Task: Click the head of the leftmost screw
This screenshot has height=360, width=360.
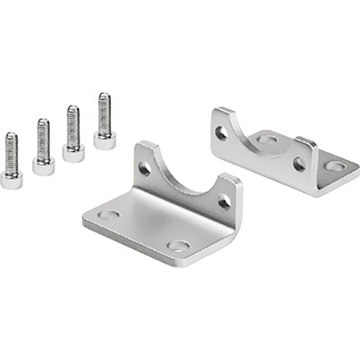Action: (11, 181)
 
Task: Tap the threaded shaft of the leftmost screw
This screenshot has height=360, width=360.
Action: (11, 152)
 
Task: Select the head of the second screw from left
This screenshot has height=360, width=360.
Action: (44, 167)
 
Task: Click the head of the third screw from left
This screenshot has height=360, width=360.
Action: (73, 153)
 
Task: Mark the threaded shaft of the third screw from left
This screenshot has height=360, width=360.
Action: (72, 125)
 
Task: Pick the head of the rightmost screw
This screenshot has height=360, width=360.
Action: (105, 141)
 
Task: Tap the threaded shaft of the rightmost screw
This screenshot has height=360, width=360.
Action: (104, 112)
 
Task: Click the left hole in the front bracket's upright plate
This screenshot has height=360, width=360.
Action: (144, 169)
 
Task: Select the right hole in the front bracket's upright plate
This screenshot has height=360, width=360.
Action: (224, 202)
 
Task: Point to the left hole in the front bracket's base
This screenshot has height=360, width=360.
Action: (108, 214)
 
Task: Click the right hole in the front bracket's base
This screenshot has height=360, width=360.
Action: (179, 246)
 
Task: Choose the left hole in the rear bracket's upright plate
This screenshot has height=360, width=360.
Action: (221, 132)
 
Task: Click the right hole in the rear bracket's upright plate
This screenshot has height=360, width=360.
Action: (300, 165)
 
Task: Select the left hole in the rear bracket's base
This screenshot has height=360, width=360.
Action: (266, 139)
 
